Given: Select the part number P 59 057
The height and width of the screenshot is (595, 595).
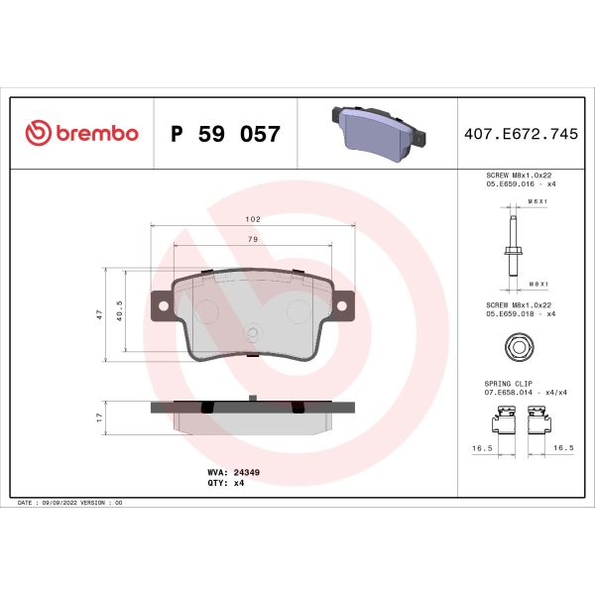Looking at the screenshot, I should coord(225,134).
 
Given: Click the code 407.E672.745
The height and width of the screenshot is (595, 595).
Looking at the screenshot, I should coord(520,134).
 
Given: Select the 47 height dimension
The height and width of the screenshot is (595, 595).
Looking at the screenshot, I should coord(99,313).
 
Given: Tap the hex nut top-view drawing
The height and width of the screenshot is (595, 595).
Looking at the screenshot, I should coord(513,347).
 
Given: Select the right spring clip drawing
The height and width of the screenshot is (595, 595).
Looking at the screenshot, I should coord(542,427).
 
